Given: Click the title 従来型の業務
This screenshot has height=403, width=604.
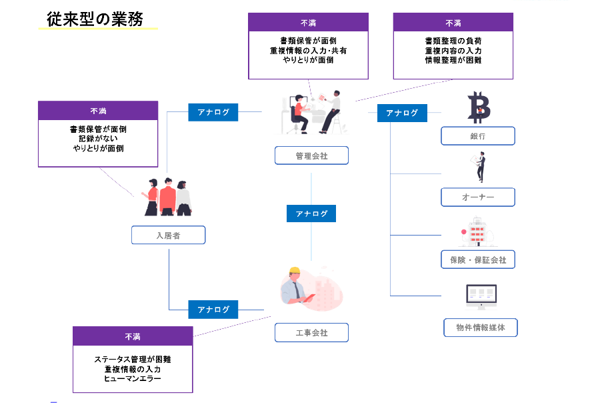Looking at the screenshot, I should pyautogui.click(x=95, y=19).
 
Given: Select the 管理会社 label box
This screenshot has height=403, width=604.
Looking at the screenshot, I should pyautogui.click(x=311, y=155).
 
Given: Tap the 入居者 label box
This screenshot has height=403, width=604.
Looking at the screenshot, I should pyautogui.click(x=168, y=235).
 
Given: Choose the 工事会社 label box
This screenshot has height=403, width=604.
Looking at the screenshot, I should pyautogui.click(x=311, y=332).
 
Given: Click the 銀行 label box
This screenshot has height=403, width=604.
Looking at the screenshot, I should pyautogui.click(x=477, y=136).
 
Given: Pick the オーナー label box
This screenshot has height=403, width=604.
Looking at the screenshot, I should pyautogui.click(x=477, y=197).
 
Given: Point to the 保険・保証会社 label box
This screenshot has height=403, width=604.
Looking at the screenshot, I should pyautogui.click(x=477, y=260).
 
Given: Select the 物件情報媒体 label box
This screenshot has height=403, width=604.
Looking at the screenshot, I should pyautogui.click(x=480, y=328).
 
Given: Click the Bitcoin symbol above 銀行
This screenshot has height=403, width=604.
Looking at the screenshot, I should pyautogui.click(x=479, y=107).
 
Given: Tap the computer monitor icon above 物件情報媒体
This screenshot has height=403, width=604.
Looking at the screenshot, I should pyautogui.click(x=481, y=296).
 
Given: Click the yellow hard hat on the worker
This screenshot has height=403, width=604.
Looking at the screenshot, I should pyautogui.click(x=295, y=272).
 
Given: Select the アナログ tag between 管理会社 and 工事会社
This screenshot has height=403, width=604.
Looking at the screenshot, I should pyautogui.click(x=311, y=214).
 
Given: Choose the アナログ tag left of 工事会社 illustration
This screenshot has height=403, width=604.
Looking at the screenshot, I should pyautogui.click(x=213, y=310).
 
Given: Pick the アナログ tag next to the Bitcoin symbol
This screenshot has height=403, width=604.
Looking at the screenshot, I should pyautogui.click(x=402, y=113).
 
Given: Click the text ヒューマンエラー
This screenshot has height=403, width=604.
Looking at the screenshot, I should pyautogui.click(x=132, y=378).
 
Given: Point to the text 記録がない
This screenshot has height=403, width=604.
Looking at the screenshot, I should pyautogui.click(x=97, y=139).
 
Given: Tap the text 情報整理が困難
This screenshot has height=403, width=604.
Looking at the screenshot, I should pyautogui.click(x=453, y=60).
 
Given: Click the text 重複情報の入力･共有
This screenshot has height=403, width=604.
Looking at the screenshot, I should pyautogui.click(x=308, y=50).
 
